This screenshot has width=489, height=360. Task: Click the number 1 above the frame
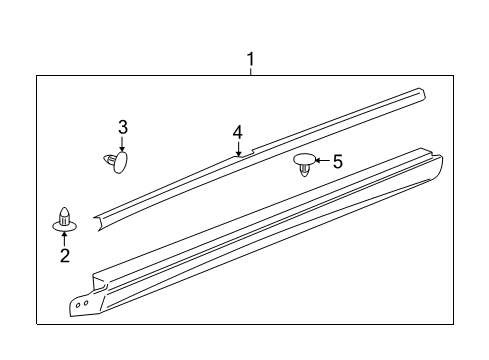coord(250,59)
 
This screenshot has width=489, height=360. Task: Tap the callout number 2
coord(64,256)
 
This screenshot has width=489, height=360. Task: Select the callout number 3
coord(123,127)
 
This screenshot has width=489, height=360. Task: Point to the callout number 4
coord(238,132)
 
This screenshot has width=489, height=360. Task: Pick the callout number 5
coord(337,160)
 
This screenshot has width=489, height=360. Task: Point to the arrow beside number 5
coord(321,160)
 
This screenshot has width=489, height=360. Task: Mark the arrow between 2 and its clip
coord(64,238)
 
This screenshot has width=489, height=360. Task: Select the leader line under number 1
coord(250,71)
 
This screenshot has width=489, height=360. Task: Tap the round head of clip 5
coord(303,158)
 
